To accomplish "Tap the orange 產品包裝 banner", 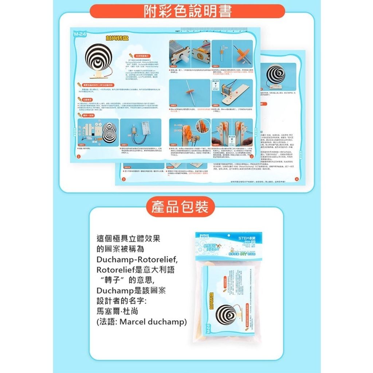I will [178, 207].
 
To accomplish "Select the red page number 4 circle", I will [297, 179].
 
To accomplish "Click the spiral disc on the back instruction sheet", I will [275, 75].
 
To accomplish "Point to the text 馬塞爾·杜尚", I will [118, 311].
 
